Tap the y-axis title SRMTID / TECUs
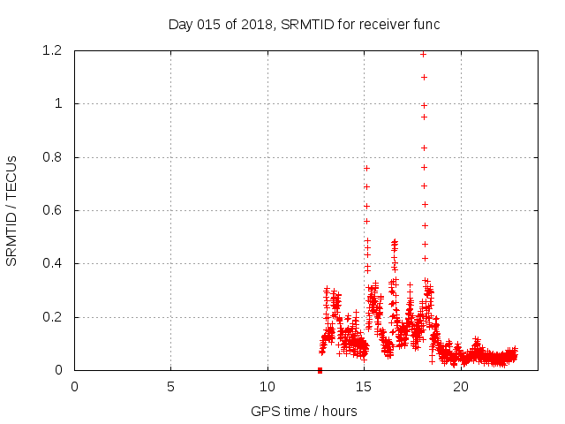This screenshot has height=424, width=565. pos(11,211)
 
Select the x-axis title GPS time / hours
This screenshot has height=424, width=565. pos(304,411)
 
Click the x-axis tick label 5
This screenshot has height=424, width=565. pos(170,386)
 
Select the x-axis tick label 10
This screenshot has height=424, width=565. pos(267,386)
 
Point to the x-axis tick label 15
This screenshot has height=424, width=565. pos(364,386)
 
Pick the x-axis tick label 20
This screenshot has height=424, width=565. pos(461,386)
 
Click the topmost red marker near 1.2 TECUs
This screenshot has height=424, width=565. pos(424,54)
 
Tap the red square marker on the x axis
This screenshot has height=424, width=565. pos(320,370)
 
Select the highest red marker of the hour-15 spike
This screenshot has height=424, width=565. pos(366,168)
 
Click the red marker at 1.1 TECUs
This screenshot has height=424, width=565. pos(424,77)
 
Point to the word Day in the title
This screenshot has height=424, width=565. pos(180,25)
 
